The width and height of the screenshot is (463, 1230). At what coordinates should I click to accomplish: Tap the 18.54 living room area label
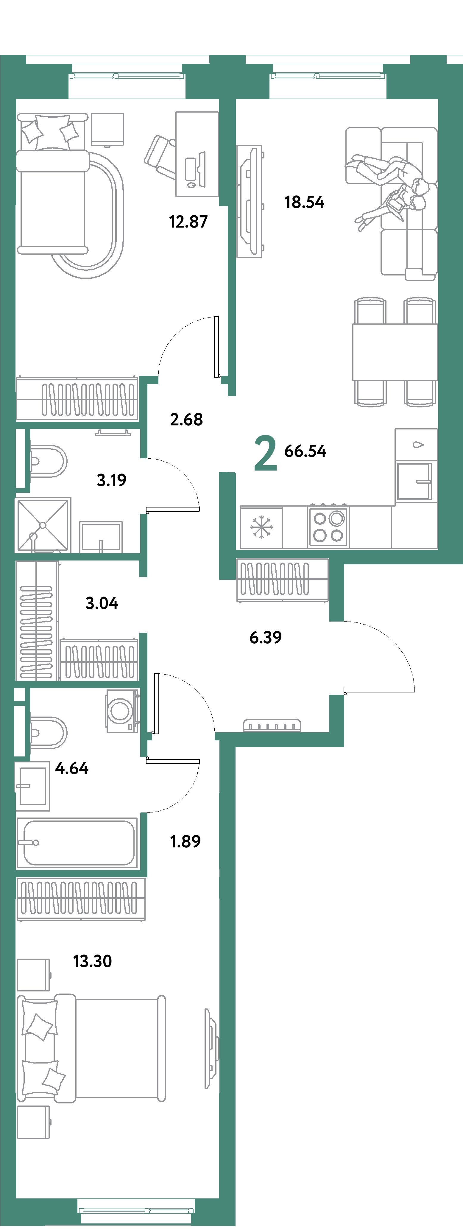tap(304, 202)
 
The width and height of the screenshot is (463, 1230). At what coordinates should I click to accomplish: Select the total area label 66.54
tap(305, 451)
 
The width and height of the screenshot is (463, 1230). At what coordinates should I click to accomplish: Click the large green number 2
tap(265, 453)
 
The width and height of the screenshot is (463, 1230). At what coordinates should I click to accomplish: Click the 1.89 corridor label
tap(185, 841)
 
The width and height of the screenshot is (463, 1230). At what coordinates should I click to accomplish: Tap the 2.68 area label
tap(186, 419)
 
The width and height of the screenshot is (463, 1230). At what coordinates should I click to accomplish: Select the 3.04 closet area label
tap(102, 603)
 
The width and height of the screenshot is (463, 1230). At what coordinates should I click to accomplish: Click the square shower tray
tap(43, 525)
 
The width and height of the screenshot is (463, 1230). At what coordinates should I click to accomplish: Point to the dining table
tap(395, 352)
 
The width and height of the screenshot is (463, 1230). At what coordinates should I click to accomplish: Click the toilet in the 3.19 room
tap(48, 461)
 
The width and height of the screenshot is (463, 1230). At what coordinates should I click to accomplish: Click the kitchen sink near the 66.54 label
tap(414, 481)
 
